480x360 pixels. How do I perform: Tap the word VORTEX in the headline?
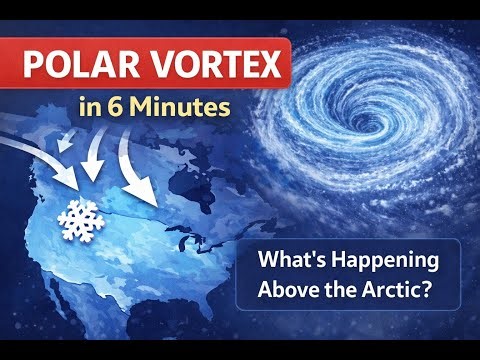point(211,68)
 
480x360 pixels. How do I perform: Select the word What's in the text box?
point(290,263)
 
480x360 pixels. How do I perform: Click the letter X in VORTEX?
point(266,68)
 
